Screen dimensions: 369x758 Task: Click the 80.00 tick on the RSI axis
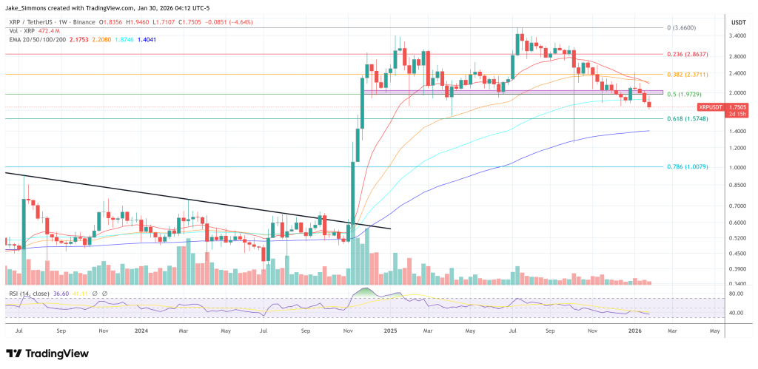click(x=735, y=294)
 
